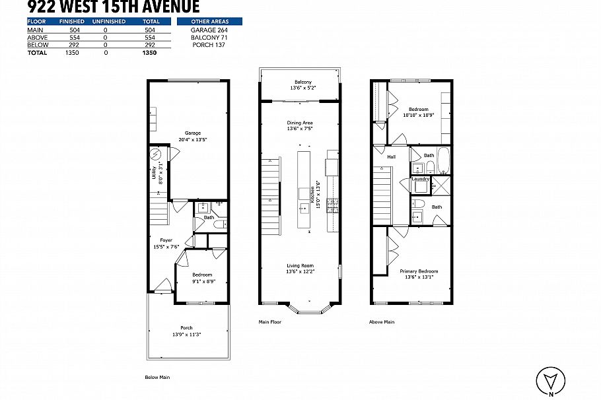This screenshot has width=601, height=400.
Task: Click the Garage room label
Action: point(192,133)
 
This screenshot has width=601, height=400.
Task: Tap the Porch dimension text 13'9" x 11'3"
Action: point(186,335)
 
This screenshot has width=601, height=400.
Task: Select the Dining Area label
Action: point(299,123)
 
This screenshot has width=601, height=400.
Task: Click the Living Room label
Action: point(299,265)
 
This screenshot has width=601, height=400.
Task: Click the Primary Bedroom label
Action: point(419,271)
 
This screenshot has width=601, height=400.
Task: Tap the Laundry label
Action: point(420,179)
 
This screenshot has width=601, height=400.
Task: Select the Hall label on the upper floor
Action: point(391,157)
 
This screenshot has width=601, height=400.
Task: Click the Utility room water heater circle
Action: point(156,155)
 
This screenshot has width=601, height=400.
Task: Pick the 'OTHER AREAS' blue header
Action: point(209,22)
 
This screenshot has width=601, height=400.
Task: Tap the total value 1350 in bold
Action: point(149,53)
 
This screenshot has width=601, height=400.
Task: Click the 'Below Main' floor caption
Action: point(158,378)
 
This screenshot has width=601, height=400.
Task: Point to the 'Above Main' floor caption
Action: point(382,322)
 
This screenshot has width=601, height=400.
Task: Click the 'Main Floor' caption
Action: point(270,322)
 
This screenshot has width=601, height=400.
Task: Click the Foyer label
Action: point(166,240)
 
